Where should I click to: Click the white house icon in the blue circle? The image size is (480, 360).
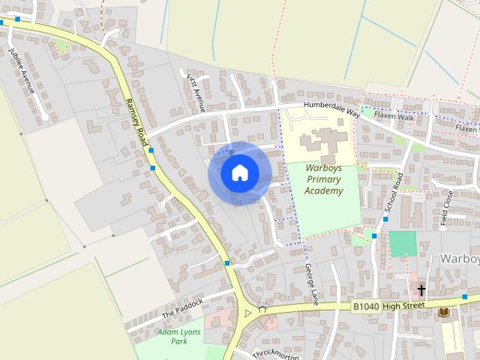(239, 174)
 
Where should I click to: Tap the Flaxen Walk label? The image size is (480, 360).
(394, 116)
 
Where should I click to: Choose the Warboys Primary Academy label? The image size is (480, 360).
(324, 180)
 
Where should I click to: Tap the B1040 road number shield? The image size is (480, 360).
(366, 306)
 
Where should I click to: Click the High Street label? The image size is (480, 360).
(404, 305)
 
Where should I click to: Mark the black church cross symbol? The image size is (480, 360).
(421, 289)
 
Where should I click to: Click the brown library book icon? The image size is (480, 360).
(444, 312)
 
